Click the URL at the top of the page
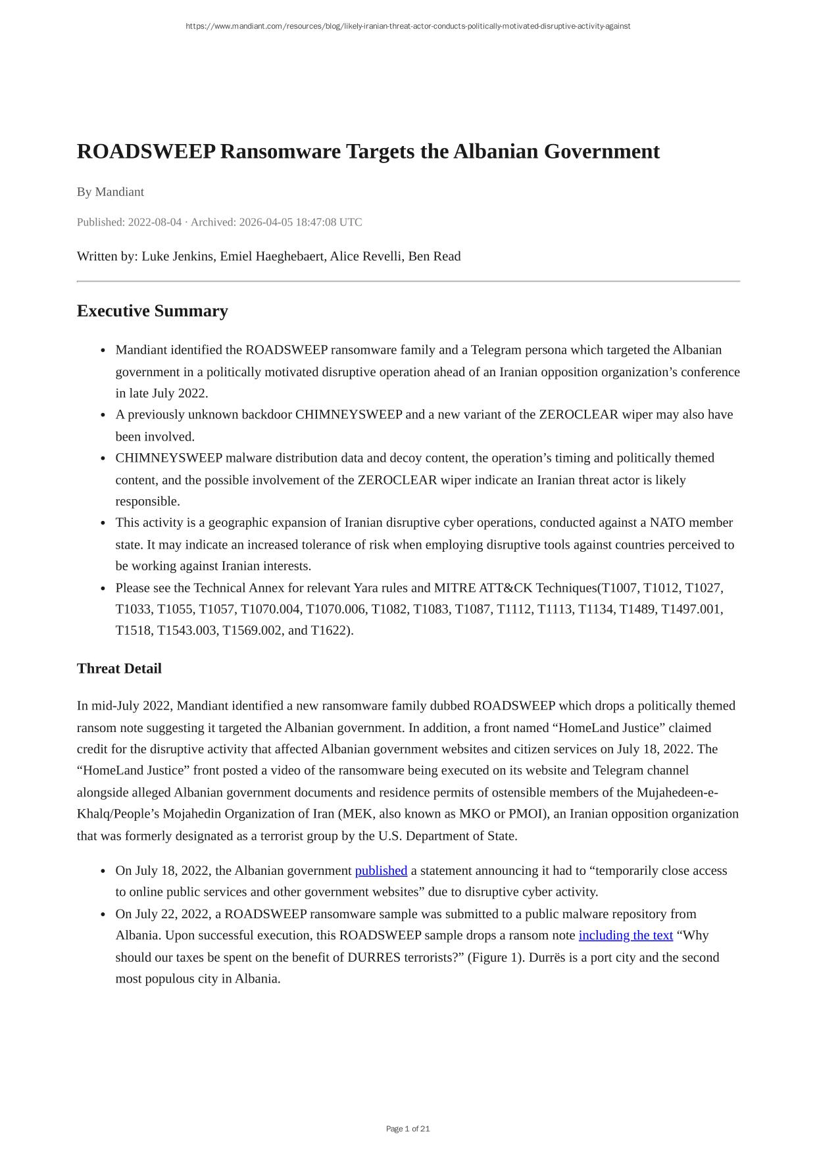click(408, 26)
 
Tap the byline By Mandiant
click(111, 192)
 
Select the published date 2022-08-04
click(155, 222)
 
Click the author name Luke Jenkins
click(178, 257)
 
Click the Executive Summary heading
click(153, 311)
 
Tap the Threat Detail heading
click(119, 669)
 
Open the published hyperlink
click(381, 871)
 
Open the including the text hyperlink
click(626, 935)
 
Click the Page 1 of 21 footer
click(408, 1129)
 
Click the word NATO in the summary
click(667, 523)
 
